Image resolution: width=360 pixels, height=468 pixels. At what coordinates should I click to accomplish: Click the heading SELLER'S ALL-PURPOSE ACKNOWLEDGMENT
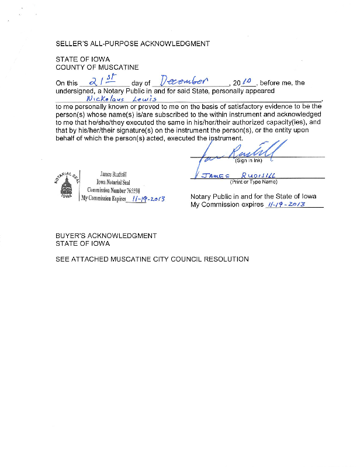pos(132,44)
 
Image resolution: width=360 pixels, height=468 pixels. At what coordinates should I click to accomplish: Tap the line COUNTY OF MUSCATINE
pos(97,68)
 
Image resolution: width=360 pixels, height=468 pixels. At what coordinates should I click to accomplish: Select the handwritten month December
pos(184,81)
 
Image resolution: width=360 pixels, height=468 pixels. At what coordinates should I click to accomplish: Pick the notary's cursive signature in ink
pos(245,153)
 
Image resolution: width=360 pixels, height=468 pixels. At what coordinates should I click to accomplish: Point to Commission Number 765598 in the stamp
pos(115,190)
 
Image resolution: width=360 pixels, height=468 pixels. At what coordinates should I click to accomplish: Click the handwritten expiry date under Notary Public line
pos(287,205)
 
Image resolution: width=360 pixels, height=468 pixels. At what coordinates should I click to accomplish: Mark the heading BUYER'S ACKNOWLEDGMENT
pos(106,236)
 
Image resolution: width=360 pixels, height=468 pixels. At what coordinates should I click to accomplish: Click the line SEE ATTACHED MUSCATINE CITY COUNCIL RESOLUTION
pos(152,259)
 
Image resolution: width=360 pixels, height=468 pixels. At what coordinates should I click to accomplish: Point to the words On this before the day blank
pos(67,84)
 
